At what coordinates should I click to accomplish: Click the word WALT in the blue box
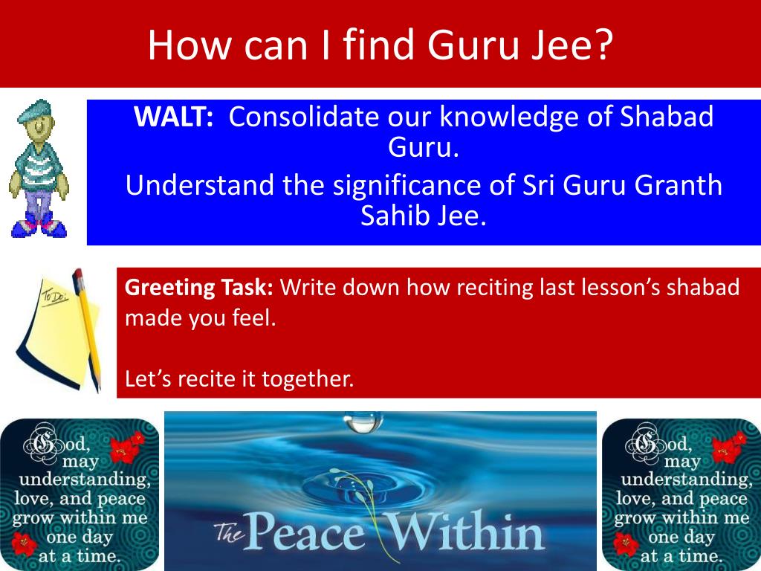pyautogui.click(x=173, y=117)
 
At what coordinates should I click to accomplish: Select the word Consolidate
pyautogui.click(x=303, y=117)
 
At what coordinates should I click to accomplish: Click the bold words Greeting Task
pyautogui.click(x=198, y=288)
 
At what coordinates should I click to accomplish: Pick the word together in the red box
pyautogui.click(x=308, y=379)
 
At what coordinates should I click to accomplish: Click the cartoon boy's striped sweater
pyautogui.click(x=38, y=165)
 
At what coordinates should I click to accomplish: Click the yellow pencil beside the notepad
pyautogui.click(x=88, y=329)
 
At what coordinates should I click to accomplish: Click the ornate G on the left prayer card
pyautogui.click(x=45, y=443)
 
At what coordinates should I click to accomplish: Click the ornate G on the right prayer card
pyautogui.click(x=646, y=443)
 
